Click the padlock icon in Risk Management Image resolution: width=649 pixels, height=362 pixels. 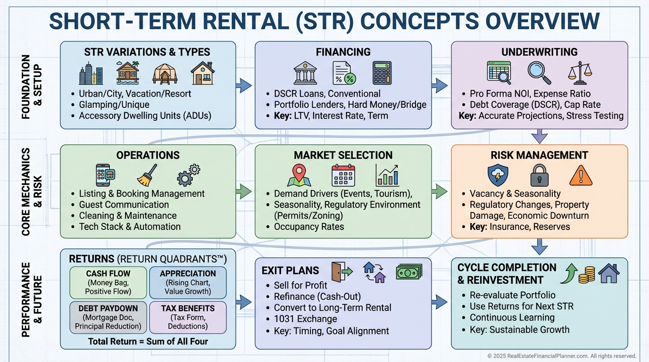[540, 176]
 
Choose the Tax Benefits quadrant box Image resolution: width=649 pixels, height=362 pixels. [187, 317]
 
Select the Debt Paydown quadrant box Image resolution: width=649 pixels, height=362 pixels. [108, 317]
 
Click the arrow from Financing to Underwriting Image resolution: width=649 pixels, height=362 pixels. [441, 85]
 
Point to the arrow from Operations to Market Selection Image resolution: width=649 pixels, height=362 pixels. [244, 191]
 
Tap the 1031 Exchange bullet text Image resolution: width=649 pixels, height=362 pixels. [305, 319]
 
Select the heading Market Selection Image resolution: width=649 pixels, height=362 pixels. [343, 155]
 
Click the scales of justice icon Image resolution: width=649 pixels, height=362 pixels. [579, 73]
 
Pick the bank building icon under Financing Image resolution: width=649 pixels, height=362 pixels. [305, 73]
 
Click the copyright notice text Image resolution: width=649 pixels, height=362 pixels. [561, 356]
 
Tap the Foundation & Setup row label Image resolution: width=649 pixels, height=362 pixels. [31, 86]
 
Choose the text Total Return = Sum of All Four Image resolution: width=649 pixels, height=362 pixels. [148, 341]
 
